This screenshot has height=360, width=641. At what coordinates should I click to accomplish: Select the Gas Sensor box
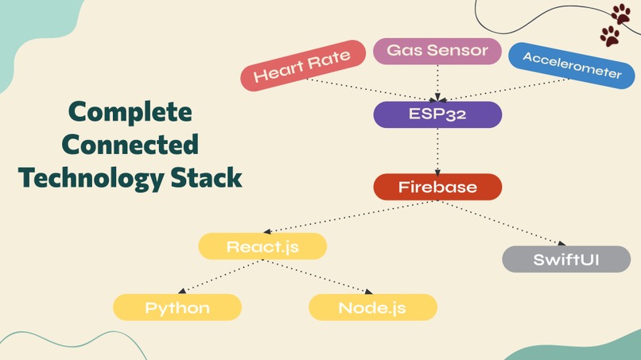(x=437, y=51)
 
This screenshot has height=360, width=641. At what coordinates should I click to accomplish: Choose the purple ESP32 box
(x=437, y=114)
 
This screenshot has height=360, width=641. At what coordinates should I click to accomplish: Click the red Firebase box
(x=437, y=188)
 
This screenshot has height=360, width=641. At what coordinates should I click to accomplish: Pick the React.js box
(x=262, y=246)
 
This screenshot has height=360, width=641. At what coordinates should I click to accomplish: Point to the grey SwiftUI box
(x=566, y=259)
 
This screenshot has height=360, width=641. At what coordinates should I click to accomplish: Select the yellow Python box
(x=177, y=308)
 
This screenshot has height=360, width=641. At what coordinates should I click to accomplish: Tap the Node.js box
(x=373, y=308)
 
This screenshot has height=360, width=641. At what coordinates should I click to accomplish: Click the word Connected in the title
(x=130, y=145)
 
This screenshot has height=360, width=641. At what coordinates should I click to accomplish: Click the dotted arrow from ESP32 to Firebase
(x=437, y=151)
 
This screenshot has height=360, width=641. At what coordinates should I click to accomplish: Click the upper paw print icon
(x=620, y=14)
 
